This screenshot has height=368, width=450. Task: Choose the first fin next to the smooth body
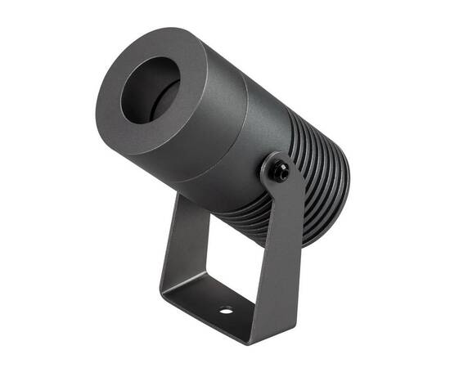point(282,123)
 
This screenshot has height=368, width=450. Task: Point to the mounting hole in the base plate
point(225,311)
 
